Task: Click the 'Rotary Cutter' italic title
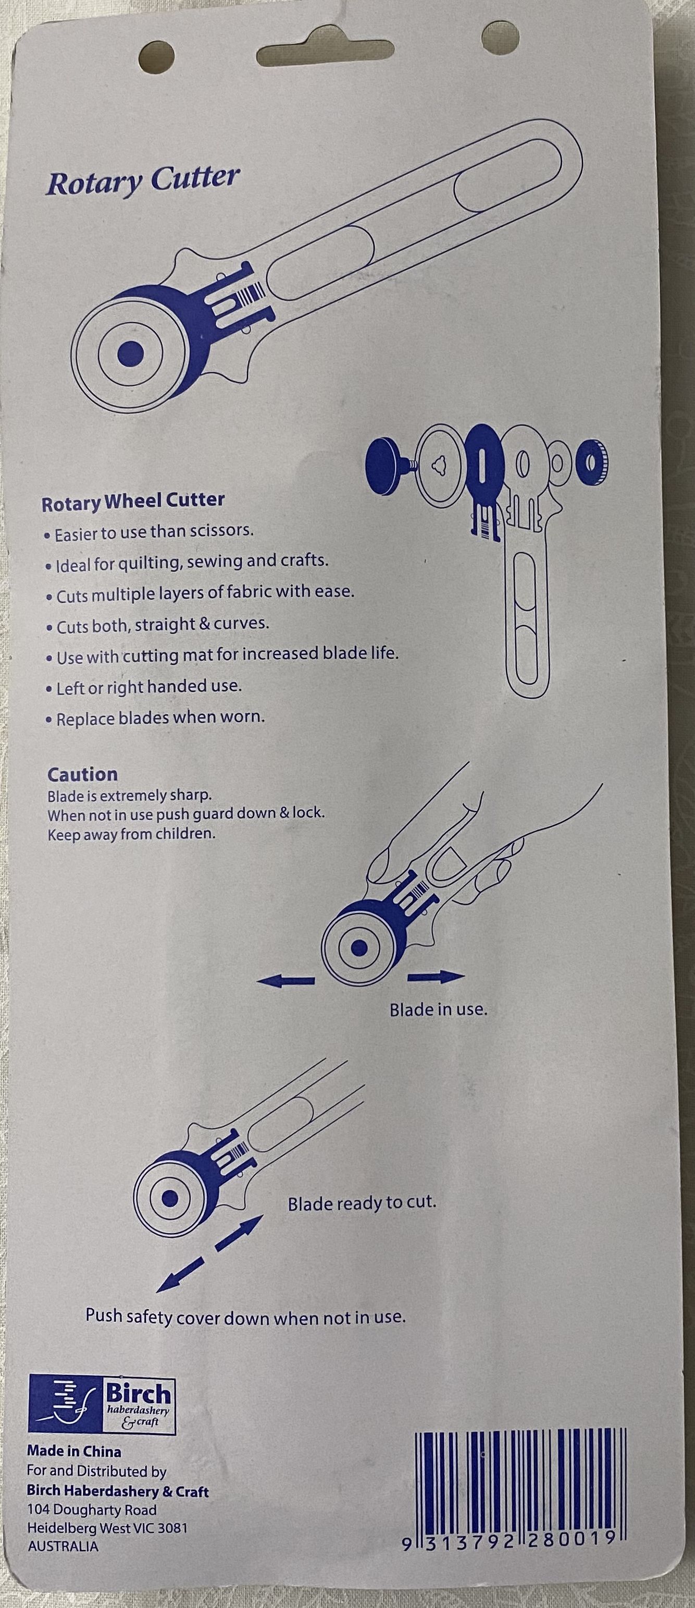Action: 143,181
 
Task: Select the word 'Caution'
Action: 82,775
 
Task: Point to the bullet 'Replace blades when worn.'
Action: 155,718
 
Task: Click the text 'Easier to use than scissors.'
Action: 150,533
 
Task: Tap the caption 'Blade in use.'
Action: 438,1009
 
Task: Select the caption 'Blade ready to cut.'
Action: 362,1203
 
